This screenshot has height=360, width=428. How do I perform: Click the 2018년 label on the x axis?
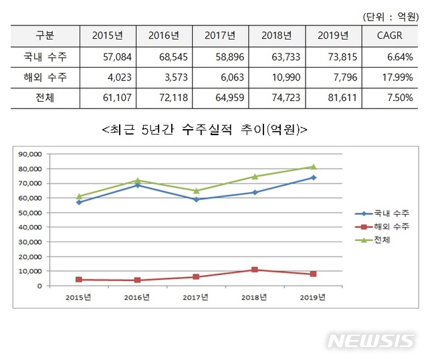[x=255, y=297]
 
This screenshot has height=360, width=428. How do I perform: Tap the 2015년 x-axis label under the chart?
[x=80, y=297]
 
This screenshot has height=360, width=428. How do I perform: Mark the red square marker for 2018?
[x=255, y=270]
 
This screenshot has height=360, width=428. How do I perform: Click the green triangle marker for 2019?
[x=313, y=167]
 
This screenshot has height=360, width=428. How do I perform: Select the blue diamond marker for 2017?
[x=196, y=199]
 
